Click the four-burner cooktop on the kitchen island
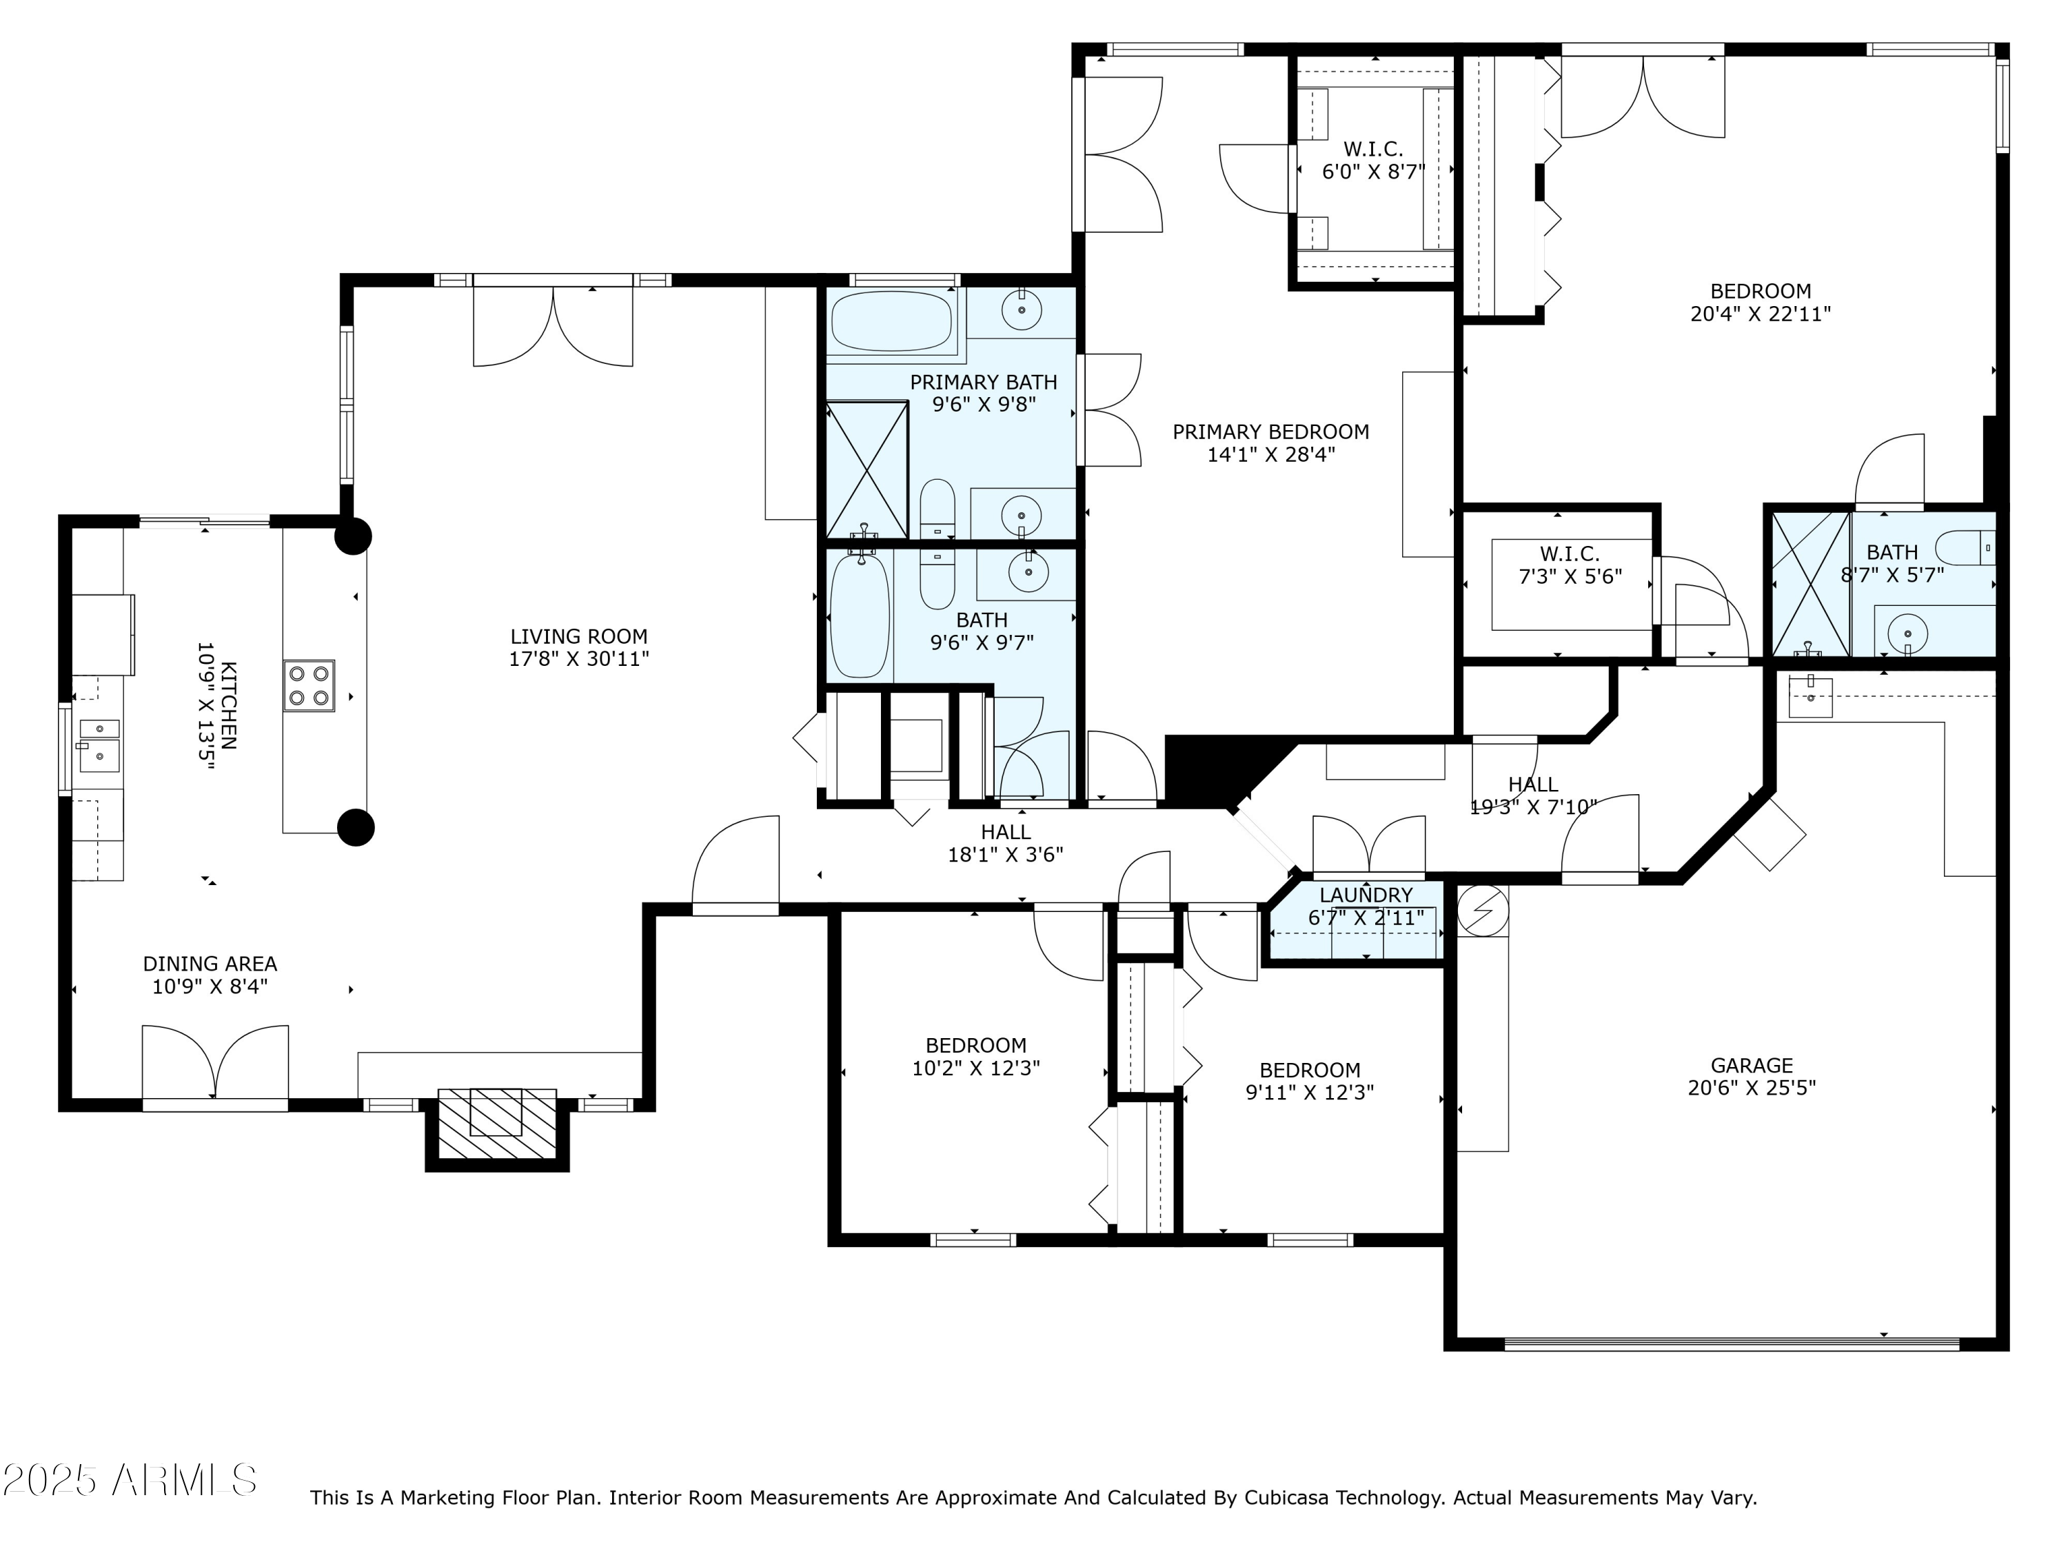310,686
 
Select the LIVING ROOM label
579,637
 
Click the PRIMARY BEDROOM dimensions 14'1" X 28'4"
1270,455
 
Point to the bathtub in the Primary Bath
891,321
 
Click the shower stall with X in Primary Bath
866,469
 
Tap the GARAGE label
1751,1065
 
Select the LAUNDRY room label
1366,895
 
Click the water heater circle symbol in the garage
1483,910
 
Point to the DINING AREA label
210,963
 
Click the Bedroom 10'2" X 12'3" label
976,1057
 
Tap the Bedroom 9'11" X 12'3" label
1309,1081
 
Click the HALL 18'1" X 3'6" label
1005,842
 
